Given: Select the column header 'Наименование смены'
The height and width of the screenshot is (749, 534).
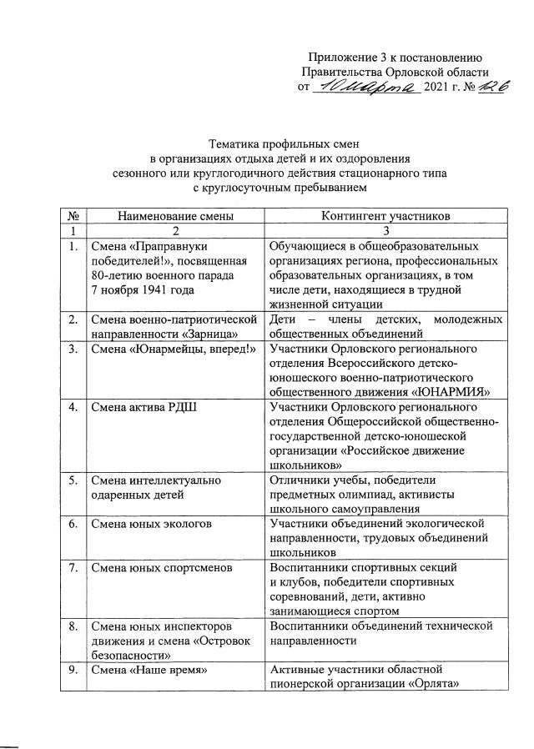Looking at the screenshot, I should tap(175, 215).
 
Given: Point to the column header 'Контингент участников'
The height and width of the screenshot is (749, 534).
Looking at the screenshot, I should tap(385, 215).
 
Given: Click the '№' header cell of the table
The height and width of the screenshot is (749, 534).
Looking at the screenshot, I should tap(74, 215).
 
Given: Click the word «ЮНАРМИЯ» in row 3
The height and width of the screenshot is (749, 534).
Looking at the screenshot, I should tap(456, 390).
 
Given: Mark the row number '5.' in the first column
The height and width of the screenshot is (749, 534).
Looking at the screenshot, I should tap(74, 480).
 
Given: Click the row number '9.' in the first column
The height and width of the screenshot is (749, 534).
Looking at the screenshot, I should tap(74, 670).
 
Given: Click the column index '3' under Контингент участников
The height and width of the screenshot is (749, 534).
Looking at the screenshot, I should tap(385, 229).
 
